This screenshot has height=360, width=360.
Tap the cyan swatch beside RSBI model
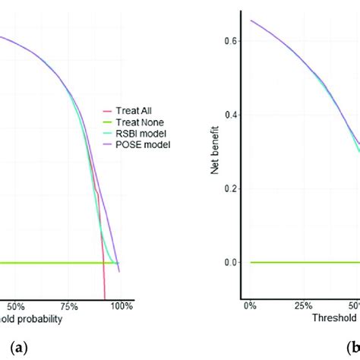[x=106, y=132]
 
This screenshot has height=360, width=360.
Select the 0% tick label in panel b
[x=250, y=306]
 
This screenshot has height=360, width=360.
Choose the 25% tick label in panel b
[x=302, y=306]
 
